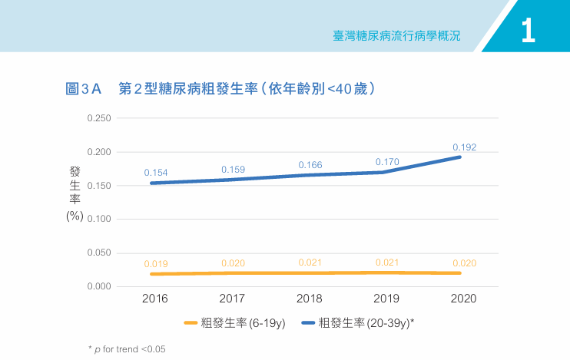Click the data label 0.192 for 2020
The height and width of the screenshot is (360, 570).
tap(464, 147)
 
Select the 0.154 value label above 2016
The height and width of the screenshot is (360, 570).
tap(156, 173)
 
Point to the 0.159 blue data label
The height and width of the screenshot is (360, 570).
tap(233, 170)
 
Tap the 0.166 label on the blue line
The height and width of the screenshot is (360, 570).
tap(310, 165)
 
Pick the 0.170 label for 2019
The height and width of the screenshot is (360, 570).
tap(387, 162)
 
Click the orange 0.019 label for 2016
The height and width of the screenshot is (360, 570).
tap(156, 264)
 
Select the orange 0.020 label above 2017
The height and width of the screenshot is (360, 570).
tap(233, 263)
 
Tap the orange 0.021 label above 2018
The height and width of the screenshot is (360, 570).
tap(310, 263)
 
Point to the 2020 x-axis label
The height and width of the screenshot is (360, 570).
tap(464, 299)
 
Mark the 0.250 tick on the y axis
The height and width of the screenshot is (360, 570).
tap(99, 118)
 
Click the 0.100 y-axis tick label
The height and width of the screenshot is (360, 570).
tap(99, 220)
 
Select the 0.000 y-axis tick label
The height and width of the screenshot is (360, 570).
tap(99, 286)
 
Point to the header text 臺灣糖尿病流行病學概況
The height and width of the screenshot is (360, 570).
tap(398, 36)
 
